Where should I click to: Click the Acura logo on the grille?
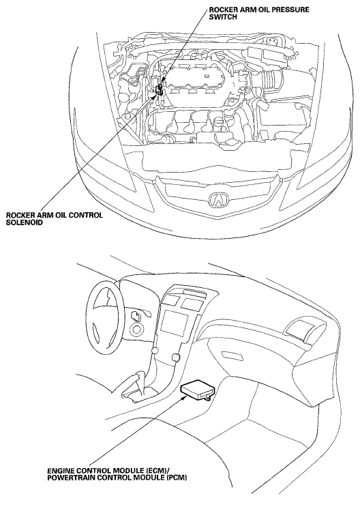click(217, 201)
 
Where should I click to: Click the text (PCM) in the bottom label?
click(176, 478)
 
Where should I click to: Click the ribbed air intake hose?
click(273, 81)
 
